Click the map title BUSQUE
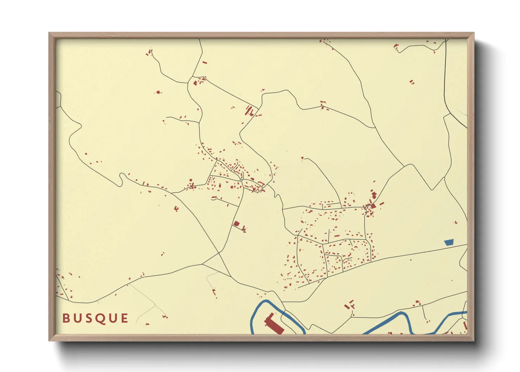pyautogui.click(x=95, y=319)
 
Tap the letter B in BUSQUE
pyautogui.click(x=66, y=319)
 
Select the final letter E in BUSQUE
pyautogui.click(x=124, y=319)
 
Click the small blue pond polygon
pyautogui.click(x=449, y=242)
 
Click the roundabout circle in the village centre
pyautogui.click(x=241, y=180)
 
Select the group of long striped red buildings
pyautogui.click(x=249, y=111)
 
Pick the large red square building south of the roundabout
pyautogui.click(x=236, y=224)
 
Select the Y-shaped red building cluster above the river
pyautogui.click(x=350, y=304)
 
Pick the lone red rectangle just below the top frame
pyautogui.click(x=204, y=63)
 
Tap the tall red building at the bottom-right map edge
pyautogui.click(x=465, y=326)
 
